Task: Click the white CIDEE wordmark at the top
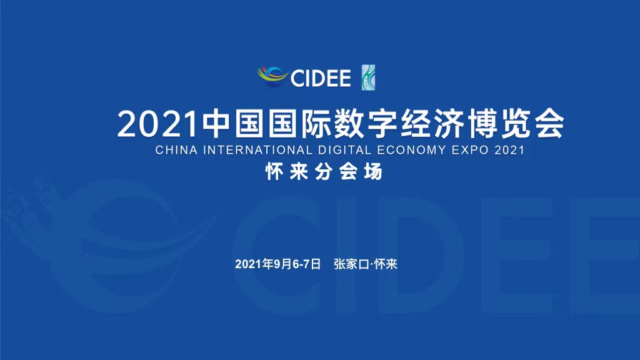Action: [321, 78]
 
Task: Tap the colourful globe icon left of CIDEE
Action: [272, 77]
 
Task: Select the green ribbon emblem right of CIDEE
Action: [368, 77]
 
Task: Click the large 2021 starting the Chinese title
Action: [157, 124]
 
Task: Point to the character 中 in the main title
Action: [216, 124]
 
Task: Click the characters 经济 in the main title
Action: [432, 124]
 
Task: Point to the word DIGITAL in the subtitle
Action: [345, 150]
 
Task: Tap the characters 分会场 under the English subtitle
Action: [349, 172]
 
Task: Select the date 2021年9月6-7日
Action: [278, 264]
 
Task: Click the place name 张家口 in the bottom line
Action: [351, 264]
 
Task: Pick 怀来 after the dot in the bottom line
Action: [386, 264]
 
